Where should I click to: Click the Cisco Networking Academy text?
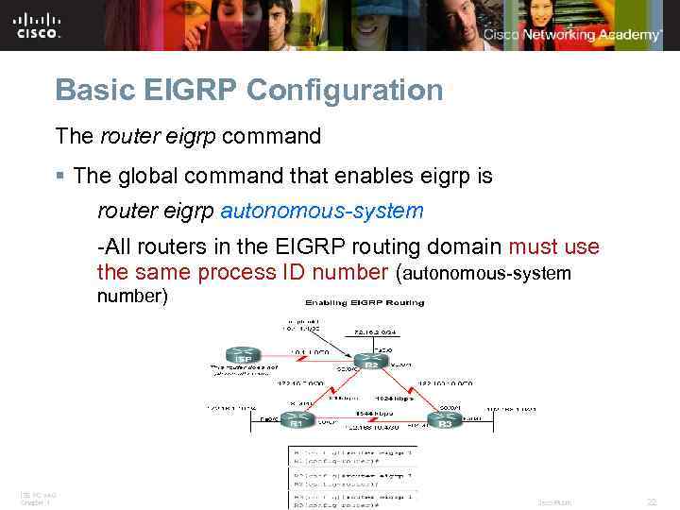(572, 35)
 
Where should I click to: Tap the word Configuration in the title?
(344, 91)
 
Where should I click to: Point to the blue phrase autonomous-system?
(322, 211)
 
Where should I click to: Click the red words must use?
(553, 247)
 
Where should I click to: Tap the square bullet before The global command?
(59, 177)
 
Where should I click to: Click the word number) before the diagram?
(132, 297)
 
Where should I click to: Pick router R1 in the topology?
(296, 418)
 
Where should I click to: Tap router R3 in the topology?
(444, 418)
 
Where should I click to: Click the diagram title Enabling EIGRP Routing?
(364, 302)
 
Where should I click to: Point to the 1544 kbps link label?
(369, 413)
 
